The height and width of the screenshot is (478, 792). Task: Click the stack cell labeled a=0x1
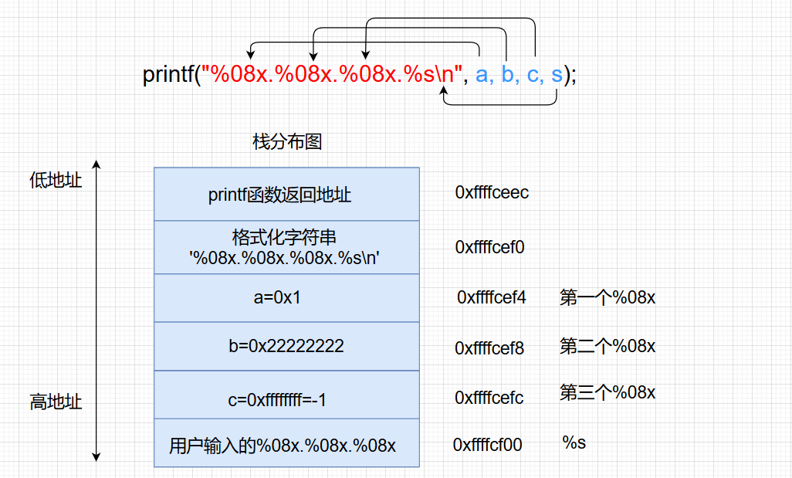pos(286,297)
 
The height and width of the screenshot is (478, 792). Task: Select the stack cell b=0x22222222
pos(286,346)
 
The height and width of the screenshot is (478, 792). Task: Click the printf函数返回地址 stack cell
pos(286,195)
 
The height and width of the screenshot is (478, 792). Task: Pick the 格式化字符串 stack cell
pos(286,247)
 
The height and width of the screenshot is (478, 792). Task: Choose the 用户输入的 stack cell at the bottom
pos(286,446)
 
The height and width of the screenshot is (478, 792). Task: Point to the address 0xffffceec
pos(492,192)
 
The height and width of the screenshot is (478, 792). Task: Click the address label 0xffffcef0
pos(489,247)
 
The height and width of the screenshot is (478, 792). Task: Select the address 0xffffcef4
pos(491,297)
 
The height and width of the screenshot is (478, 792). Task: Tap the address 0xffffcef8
pos(489,348)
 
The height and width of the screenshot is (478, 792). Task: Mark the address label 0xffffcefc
pos(489,398)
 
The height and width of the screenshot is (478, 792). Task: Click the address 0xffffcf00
pos(488,445)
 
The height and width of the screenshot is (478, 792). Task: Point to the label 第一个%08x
pos(608,297)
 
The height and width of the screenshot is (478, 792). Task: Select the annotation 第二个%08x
pos(608,346)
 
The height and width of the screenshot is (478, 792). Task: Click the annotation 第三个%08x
pos(608,393)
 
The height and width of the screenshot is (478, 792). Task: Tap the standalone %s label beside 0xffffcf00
pos(574,442)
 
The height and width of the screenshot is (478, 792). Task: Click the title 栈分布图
pos(286,141)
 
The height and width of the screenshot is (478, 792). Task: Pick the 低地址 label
pos(56,181)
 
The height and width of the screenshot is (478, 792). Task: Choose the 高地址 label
pos(56,402)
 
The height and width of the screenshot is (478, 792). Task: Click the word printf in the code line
pos(168,75)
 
